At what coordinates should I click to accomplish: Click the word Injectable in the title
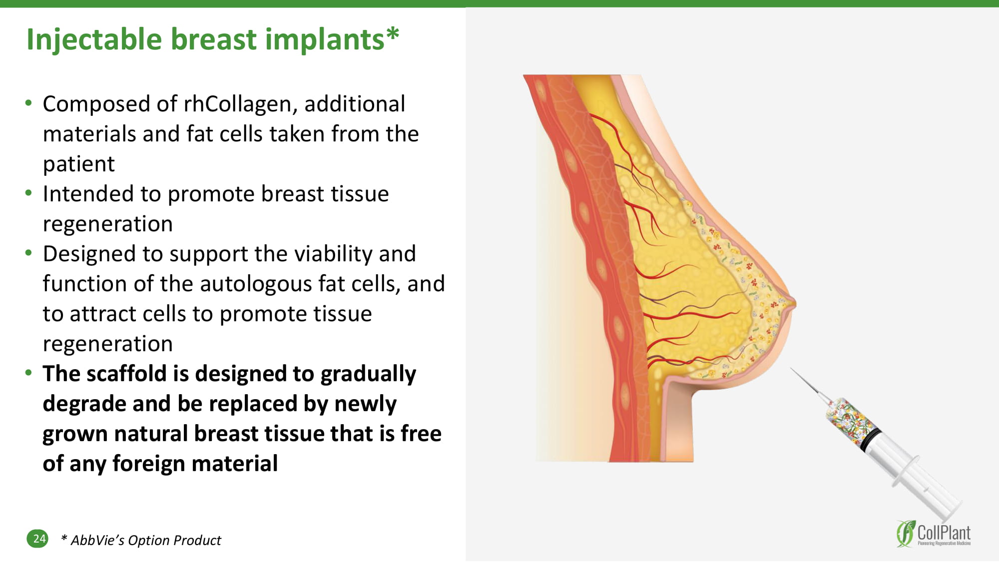[94, 40]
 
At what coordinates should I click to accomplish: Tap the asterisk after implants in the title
[393, 33]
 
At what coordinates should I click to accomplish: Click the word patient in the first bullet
[79, 164]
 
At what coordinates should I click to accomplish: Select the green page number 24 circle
[37, 539]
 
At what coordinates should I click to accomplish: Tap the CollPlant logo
[933, 534]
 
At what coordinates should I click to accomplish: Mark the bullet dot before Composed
[28, 103]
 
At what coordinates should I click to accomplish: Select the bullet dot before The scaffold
[28, 373]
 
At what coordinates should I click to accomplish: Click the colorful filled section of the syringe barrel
[849, 419]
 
